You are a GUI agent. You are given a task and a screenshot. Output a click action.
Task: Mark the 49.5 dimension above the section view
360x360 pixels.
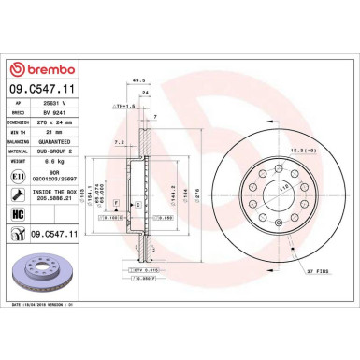(x=137, y=80)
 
